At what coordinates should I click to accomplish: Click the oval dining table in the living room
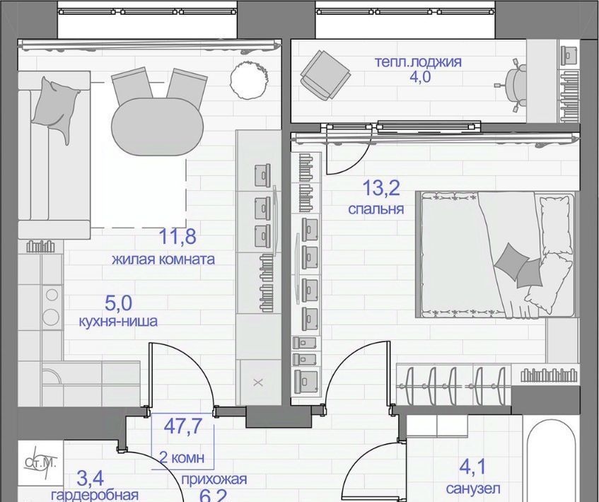158,127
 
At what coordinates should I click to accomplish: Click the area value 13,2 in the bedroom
381,188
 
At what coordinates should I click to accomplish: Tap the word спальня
376,209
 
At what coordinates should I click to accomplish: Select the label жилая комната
163,259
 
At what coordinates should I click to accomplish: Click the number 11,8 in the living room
178,236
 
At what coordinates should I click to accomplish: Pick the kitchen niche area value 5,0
118,303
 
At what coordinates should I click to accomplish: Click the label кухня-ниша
118,321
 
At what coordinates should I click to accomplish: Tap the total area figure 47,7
182,426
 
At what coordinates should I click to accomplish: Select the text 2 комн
182,457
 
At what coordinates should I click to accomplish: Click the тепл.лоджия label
418,62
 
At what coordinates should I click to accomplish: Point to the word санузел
473,489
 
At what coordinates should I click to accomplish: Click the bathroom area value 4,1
472,467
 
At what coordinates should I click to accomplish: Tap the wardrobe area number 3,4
90,478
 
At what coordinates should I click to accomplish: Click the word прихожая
214,479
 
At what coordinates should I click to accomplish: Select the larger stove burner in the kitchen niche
51,317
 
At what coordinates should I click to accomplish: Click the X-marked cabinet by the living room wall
258,382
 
